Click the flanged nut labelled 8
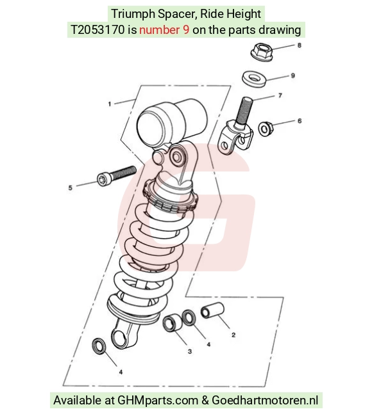pyautogui.click(x=262, y=52)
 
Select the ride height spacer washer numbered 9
pyautogui.click(x=254, y=79)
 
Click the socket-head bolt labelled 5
pyautogui.click(x=117, y=175)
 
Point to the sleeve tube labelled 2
pyautogui.click(x=212, y=310)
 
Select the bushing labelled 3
pyautogui.click(x=173, y=322)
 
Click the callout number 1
pyautogui.click(x=110, y=104)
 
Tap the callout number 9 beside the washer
pyautogui.click(x=293, y=76)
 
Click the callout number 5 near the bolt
pyautogui.click(x=70, y=188)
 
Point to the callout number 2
pyautogui.click(x=233, y=335)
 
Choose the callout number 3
pyautogui.click(x=190, y=352)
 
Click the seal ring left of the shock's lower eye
pyautogui.click(x=99, y=346)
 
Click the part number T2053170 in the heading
pyautogui.click(x=97, y=30)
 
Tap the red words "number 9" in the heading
pyautogui.click(x=164, y=30)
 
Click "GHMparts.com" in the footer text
pyautogui.click(x=158, y=401)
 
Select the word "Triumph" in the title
pyautogui.click(x=133, y=13)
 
